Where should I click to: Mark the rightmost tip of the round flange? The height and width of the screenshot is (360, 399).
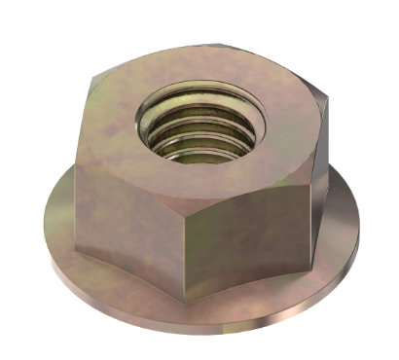point(358,229)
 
